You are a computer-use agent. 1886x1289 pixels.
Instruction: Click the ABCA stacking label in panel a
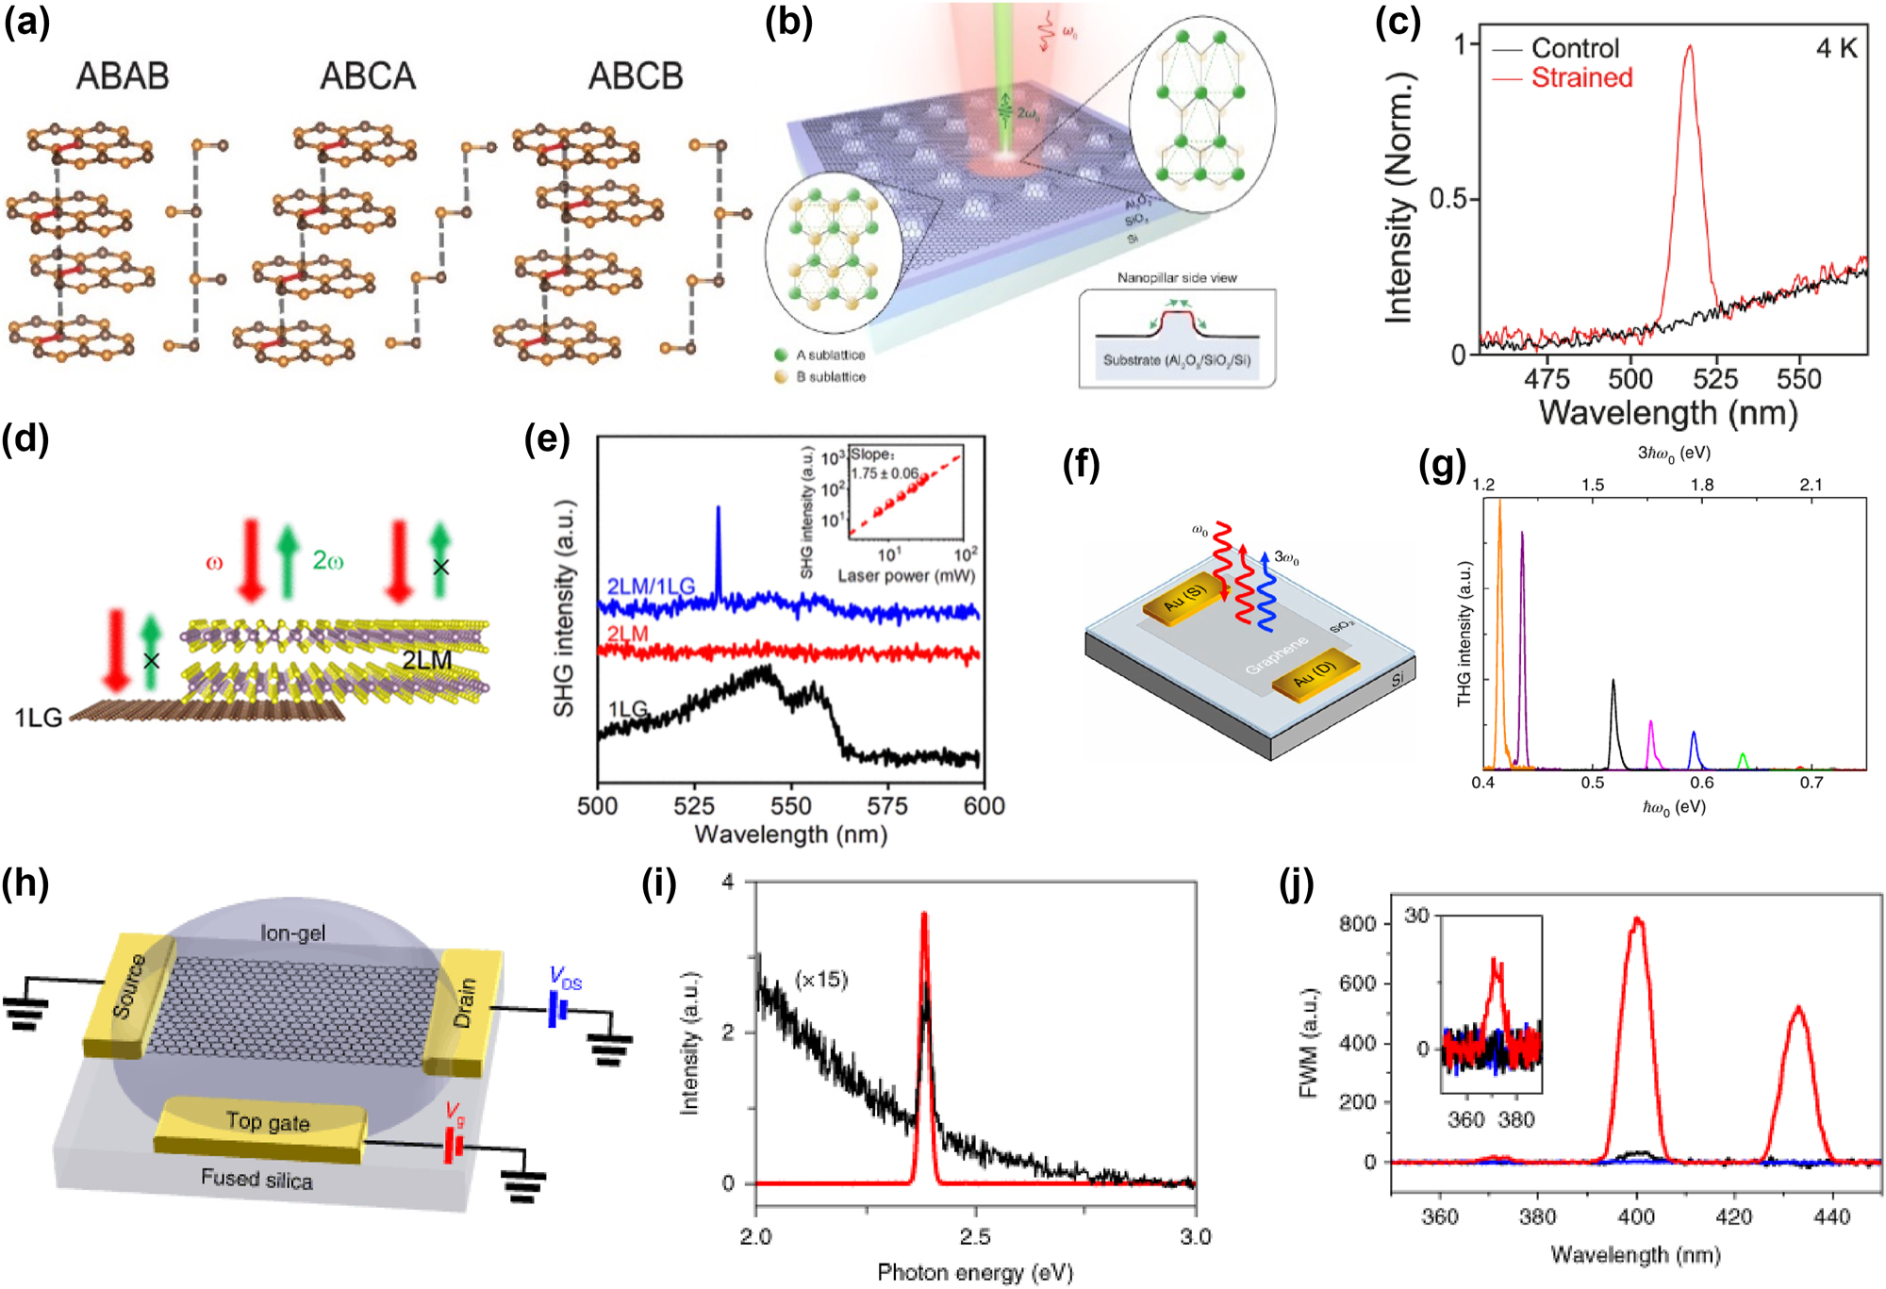coord(368,76)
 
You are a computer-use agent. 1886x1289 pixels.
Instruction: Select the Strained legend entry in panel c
coord(1581,77)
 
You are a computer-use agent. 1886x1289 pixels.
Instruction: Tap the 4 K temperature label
coord(1836,48)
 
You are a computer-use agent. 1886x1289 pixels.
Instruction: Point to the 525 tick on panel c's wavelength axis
coord(1714,379)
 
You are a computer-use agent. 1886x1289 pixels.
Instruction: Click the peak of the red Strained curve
coord(1689,47)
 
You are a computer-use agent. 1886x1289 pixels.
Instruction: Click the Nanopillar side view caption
coord(1177,278)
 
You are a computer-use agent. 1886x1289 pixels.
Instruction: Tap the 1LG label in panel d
coord(38,719)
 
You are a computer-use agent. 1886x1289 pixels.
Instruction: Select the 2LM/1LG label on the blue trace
coord(651,587)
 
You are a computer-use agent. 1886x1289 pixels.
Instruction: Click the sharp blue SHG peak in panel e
coord(719,509)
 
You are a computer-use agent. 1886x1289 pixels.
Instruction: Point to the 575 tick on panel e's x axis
coord(886,806)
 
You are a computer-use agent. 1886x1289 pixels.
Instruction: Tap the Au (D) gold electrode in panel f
coord(1316,675)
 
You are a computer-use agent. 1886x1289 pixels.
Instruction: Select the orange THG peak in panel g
coord(1499,504)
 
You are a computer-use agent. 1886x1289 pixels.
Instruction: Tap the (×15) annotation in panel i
coord(821,980)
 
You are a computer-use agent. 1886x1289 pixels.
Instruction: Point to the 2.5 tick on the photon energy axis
coord(975,1236)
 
